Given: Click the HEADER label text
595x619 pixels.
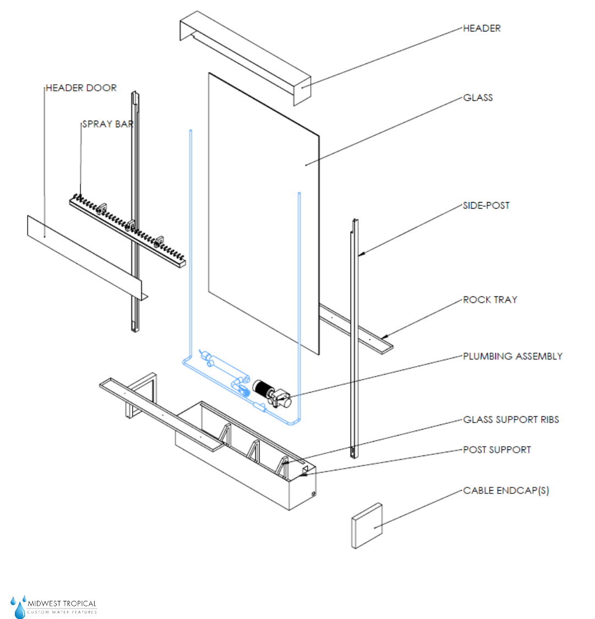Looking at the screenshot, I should tap(482, 29).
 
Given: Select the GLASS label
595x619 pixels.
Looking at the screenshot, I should tap(478, 98).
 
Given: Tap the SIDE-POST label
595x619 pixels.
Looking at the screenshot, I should tap(486, 206).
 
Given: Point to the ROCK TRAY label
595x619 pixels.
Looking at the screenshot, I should tap(490, 300).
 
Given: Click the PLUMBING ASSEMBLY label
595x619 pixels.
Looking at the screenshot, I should tap(512, 356).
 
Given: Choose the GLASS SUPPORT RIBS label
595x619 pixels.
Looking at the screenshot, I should tap(511, 420).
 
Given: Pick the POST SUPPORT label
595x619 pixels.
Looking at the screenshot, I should tap(496, 450).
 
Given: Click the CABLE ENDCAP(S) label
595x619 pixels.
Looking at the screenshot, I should tap(506, 491).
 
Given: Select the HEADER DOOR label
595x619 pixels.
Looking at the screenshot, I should tap(81, 88).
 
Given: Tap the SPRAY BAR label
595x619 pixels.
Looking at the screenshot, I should tap(108, 124).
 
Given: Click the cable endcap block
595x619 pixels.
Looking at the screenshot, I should tap(367, 525).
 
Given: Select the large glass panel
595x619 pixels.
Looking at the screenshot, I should tap(263, 209).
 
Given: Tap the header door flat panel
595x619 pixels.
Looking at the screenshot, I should tap(83, 253).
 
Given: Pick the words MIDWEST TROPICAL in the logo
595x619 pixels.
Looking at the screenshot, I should tap(62, 604).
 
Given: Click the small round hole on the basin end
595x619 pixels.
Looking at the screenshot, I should tap(313, 493).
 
